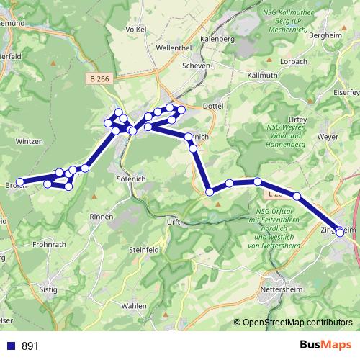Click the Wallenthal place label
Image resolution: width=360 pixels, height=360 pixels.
tap(174, 48)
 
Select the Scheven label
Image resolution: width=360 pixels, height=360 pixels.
tap(197, 65)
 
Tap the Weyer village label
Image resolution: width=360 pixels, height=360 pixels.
tap(327, 135)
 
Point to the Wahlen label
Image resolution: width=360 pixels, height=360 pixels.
tap(133, 305)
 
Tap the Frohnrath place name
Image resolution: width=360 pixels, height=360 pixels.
tap(49, 244)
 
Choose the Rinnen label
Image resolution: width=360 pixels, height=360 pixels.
tap(101, 216)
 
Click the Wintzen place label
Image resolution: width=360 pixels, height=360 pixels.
tap(30, 141)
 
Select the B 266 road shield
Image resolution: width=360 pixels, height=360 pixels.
tap(100, 78)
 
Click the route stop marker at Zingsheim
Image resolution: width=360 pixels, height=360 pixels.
tap(340, 232)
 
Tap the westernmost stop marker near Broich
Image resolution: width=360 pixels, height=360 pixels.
tap(21, 182)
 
